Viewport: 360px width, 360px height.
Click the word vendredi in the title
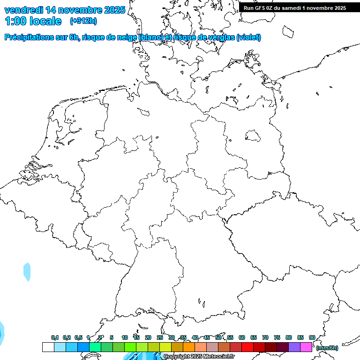click(24, 10)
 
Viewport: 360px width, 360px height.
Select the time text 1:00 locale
click(33, 21)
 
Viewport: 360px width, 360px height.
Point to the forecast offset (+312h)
click(83, 21)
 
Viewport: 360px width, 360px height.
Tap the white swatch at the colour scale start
click(48, 347)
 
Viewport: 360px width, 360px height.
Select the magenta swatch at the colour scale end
click(306, 347)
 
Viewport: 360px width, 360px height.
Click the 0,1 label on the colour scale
click(55, 337)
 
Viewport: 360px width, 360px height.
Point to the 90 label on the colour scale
click(312, 337)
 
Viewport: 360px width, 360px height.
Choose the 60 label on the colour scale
click(242, 337)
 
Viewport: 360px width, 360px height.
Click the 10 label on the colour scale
click(125, 337)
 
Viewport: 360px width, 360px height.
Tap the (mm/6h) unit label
click(327, 348)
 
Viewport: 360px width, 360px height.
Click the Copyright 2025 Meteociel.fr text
click(199, 357)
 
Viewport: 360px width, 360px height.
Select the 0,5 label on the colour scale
click(78, 337)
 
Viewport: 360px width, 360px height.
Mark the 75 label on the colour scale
click(277, 337)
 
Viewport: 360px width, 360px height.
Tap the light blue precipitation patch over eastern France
click(27, 272)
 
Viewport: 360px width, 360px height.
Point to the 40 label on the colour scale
click(195, 337)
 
